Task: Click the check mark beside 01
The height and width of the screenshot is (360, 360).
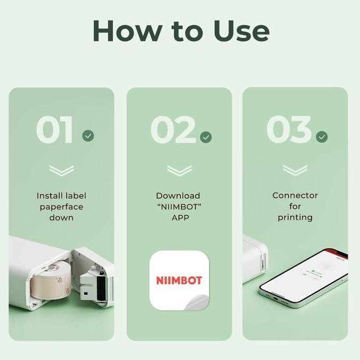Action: tap(88, 136)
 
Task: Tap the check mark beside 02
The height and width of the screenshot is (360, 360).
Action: tap(206, 137)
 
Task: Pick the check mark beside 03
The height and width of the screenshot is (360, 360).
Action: tap(322, 137)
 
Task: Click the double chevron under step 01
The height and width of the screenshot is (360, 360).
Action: tap(61, 171)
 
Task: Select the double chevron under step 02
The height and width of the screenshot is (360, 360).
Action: tap(179, 171)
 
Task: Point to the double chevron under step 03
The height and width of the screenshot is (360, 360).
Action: tap(295, 171)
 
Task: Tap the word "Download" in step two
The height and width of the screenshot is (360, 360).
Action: tap(178, 196)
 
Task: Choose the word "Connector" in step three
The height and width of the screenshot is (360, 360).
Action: tap(295, 195)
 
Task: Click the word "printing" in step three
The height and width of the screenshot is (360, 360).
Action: tap(295, 217)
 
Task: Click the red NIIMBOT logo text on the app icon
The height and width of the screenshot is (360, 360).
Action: tap(178, 280)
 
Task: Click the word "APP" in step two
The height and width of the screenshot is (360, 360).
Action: tap(178, 218)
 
